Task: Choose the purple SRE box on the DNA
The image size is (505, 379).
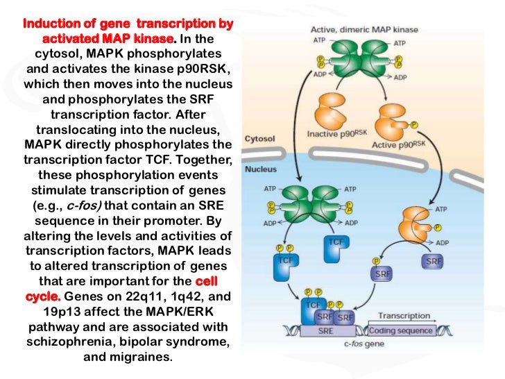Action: (326, 331)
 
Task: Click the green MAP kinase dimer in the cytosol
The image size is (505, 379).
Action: (321, 58)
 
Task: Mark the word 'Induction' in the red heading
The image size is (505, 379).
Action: (51, 24)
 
